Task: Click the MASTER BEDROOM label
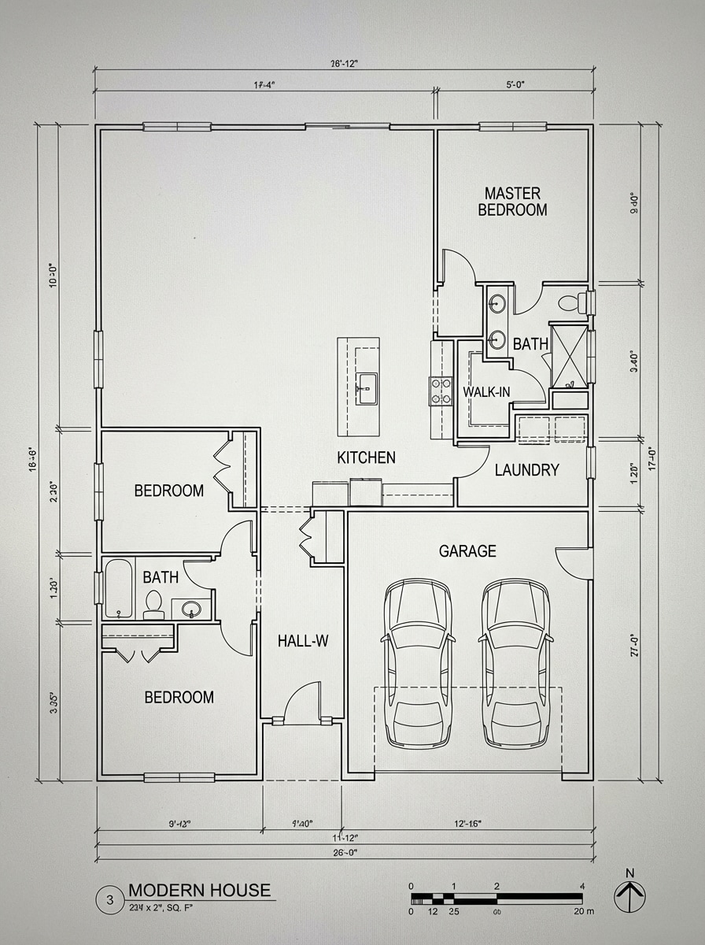click(512, 202)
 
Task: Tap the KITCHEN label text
click(366, 458)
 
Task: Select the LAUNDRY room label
click(526, 470)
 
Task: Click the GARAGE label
click(467, 551)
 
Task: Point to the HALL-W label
click(302, 641)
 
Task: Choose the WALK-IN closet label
click(486, 392)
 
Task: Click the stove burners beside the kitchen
click(441, 391)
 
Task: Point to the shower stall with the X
click(568, 356)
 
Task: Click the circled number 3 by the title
click(110, 899)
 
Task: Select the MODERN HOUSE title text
click(199, 891)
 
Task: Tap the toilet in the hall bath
click(153, 604)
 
